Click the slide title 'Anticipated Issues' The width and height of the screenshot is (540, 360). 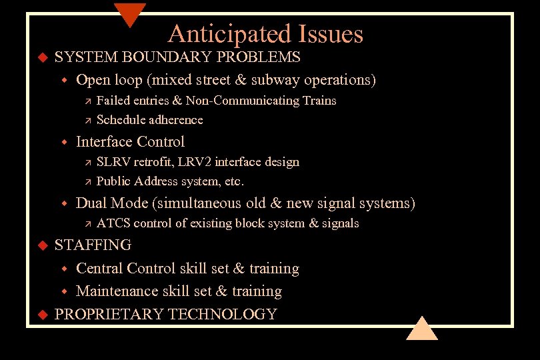click(x=265, y=34)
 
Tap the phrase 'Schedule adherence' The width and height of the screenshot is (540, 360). click(x=149, y=120)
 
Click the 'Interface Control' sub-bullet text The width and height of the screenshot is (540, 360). click(x=130, y=141)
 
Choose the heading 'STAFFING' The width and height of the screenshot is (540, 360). click(x=93, y=245)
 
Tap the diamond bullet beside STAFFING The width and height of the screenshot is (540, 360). click(x=41, y=245)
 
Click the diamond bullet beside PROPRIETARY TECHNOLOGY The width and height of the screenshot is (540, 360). click(x=41, y=314)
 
